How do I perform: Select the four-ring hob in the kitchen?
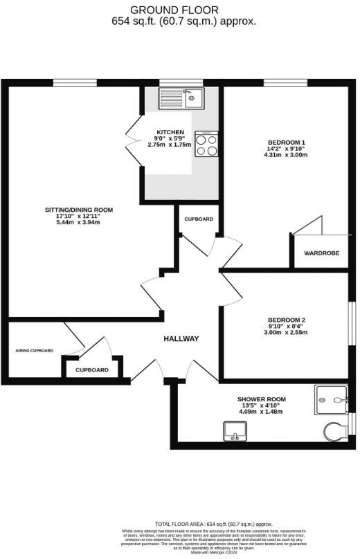point(206,145)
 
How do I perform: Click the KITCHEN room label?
point(170,132)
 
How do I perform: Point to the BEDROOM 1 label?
point(286,143)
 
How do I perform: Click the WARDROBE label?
point(322,253)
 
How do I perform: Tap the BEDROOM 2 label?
point(287,320)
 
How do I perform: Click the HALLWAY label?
point(181,338)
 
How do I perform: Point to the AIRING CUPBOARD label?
point(35,351)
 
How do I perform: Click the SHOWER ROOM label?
point(261,400)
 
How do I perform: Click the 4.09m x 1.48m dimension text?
point(261,412)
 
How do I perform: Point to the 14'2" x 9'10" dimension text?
point(286,149)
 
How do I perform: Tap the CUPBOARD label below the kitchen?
point(199,219)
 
